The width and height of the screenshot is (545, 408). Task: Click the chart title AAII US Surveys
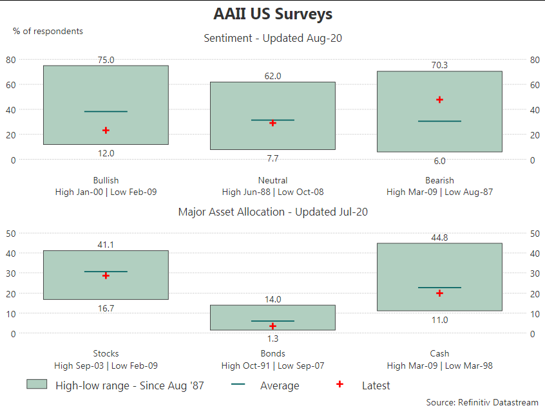point(272,14)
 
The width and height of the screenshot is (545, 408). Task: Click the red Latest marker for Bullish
point(106,130)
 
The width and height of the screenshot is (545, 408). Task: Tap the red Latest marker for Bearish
point(439,99)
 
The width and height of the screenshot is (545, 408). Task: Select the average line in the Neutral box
point(272,120)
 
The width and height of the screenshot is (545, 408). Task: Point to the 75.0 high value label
point(106,60)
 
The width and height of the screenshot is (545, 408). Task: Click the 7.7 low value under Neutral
point(272,158)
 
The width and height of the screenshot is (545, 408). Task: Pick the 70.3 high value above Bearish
point(439,65)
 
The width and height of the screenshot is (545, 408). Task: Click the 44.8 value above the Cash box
point(439,237)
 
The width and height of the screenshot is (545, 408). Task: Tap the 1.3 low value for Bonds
point(272,338)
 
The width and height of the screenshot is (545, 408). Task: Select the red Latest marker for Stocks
point(106,275)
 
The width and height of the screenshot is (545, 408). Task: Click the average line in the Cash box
point(439,287)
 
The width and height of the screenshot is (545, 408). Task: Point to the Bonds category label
point(272,353)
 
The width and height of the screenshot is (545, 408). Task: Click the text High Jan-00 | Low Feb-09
point(106,192)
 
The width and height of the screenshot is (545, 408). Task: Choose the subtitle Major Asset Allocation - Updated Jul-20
point(272,212)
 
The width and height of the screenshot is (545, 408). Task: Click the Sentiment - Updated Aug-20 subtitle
point(272,38)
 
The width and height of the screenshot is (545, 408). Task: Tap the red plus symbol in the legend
point(339,384)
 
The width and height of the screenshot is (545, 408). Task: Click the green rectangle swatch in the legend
point(37,384)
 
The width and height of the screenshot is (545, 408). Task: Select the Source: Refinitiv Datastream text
point(482,402)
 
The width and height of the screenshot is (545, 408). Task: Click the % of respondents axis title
point(48,31)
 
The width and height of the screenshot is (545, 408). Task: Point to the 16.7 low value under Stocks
point(106,308)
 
